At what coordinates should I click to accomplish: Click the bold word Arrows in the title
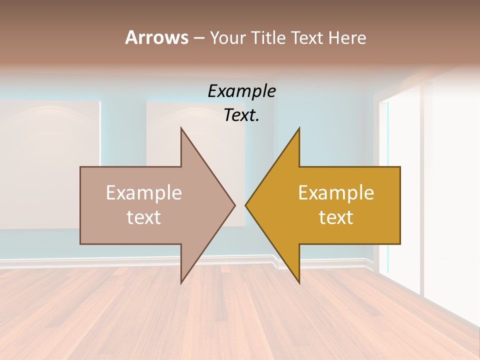[x=156, y=37]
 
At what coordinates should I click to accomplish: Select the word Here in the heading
[x=347, y=37]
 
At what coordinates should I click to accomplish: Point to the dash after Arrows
[x=198, y=38]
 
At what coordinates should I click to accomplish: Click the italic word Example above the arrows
[x=241, y=91]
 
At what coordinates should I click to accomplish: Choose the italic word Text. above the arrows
[x=241, y=115]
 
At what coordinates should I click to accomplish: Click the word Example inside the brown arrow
[x=143, y=192]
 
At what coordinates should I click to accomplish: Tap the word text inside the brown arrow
[x=143, y=217]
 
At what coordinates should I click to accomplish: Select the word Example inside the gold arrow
[x=336, y=192]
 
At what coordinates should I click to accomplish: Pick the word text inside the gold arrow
[x=336, y=217]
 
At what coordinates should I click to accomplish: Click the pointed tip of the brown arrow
[x=234, y=205]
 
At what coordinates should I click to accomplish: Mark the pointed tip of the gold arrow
[x=246, y=205]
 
